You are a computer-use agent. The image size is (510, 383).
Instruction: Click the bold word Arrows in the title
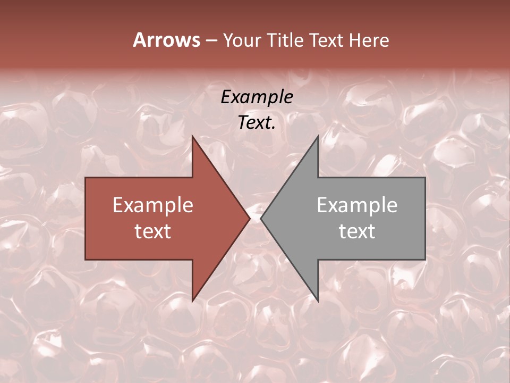pyautogui.click(x=166, y=40)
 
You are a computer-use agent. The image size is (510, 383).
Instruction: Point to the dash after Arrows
pyautogui.click(x=211, y=41)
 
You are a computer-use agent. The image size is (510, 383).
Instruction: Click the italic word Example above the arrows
pyautogui.click(x=257, y=97)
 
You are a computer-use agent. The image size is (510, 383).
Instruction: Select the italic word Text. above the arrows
pyautogui.click(x=257, y=122)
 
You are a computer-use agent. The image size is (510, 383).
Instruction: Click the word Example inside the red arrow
pyautogui.click(x=152, y=205)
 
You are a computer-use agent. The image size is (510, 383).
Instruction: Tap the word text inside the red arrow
pyautogui.click(x=152, y=231)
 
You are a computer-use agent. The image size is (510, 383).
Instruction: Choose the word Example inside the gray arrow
pyautogui.click(x=357, y=205)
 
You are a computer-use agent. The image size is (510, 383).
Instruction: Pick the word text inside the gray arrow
pyautogui.click(x=357, y=231)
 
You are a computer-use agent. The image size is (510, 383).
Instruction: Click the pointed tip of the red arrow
pyautogui.click(x=250, y=218)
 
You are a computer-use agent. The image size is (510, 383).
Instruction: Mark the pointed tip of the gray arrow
pyautogui.click(x=261, y=218)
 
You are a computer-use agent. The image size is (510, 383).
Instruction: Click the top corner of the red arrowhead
pyautogui.click(x=192, y=136)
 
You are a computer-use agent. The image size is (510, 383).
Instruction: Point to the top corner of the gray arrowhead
pyautogui.click(x=318, y=136)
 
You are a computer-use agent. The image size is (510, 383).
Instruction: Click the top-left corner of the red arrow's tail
pyautogui.click(x=86, y=178)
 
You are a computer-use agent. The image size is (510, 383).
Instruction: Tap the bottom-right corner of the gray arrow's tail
pyautogui.click(x=425, y=260)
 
